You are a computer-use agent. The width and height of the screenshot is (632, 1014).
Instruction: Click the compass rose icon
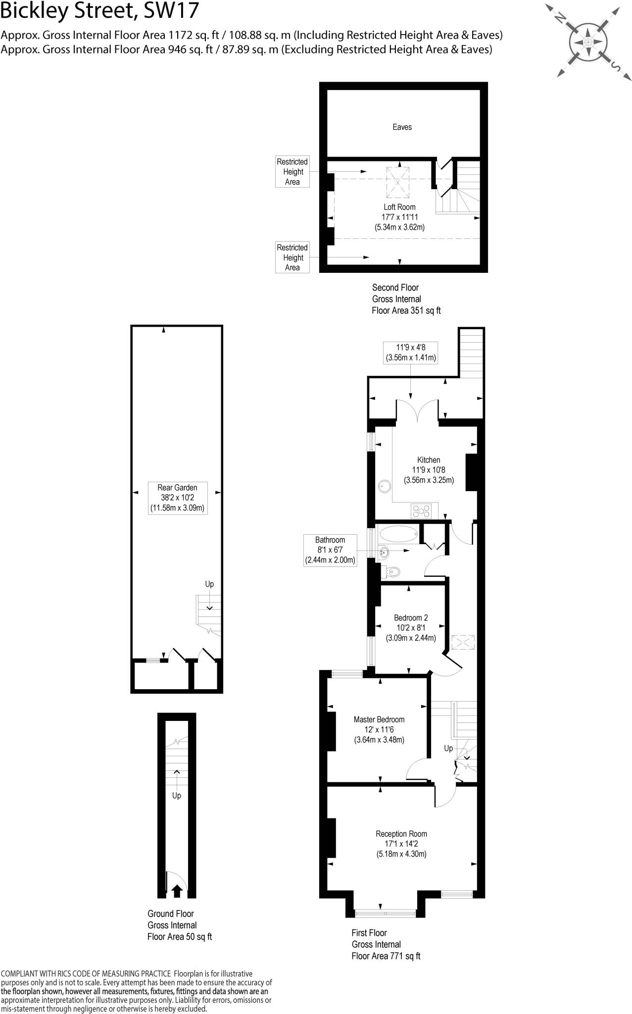coord(588,41)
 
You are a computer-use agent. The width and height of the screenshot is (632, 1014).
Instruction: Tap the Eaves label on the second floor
coord(402,127)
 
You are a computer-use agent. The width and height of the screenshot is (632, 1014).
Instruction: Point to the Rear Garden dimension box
coord(177,498)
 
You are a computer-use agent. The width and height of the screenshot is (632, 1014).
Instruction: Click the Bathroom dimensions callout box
coord(330,550)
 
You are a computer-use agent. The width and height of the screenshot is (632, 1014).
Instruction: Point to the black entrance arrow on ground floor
coord(177,891)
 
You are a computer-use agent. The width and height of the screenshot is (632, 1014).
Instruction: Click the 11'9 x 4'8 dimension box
coord(410,352)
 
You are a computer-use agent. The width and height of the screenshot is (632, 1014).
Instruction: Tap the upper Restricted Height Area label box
coord(292,172)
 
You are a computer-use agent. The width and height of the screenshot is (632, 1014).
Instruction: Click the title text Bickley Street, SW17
coord(99,12)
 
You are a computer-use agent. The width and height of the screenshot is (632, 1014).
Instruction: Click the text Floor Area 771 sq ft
coord(386,956)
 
